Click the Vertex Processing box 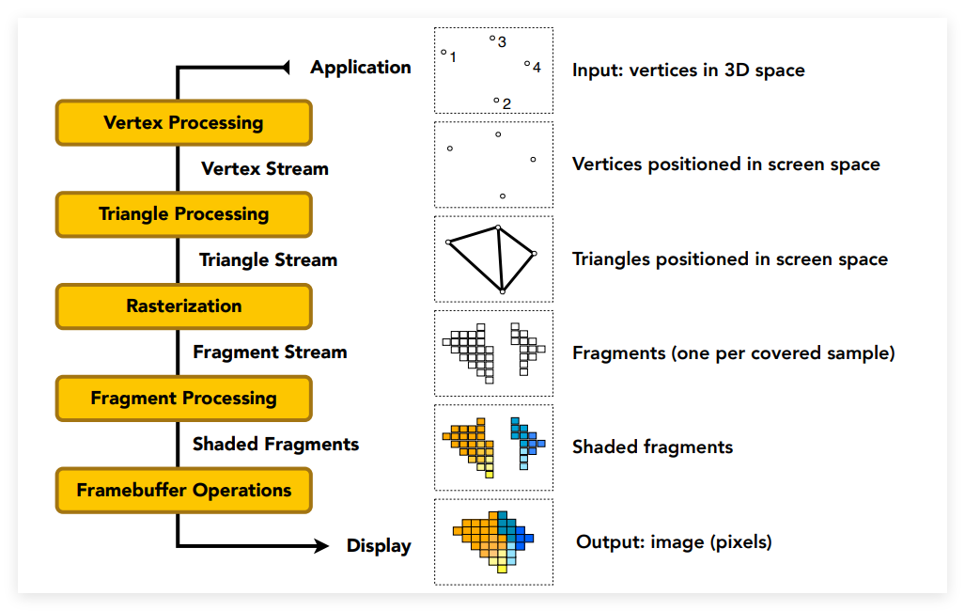point(184,122)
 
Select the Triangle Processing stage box point(184,214)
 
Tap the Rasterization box point(184,306)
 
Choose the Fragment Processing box point(184,399)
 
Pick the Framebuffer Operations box point(184,491)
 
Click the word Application point(361,68)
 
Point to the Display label point(379,546)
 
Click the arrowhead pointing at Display point(322,546)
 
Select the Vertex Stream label point(265,169)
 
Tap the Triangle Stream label point(269,260)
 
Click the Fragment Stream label point(271,352)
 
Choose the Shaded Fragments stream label point(275,444)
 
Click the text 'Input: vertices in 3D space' point(688,70)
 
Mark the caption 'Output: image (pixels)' point(674,542)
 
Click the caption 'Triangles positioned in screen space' point(730,259)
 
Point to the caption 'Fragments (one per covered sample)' point(734,352)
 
